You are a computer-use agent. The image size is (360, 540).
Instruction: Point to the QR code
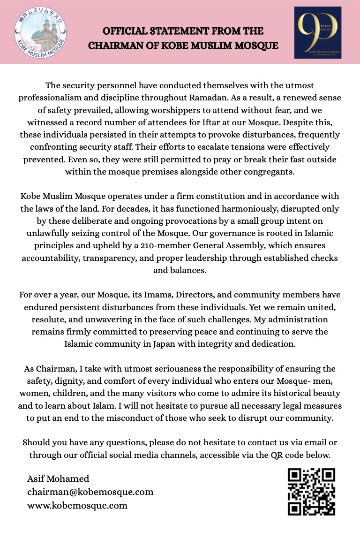click(x=311, y=492)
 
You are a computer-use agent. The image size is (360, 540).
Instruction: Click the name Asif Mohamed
click(x=58, y=479)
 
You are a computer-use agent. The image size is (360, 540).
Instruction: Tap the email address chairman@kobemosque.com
click(x=90, y=492)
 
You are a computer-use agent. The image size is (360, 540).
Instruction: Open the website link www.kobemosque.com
click(x=77, y=505)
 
